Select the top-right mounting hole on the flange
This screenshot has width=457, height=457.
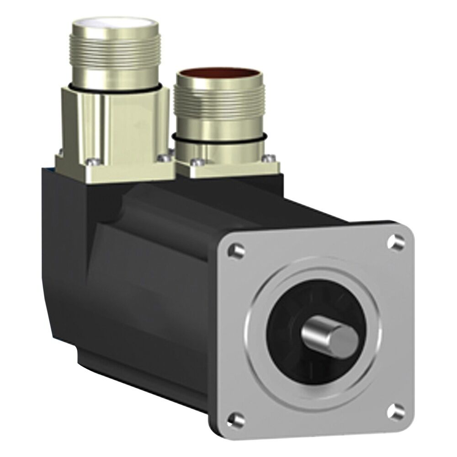pos(396,241)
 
